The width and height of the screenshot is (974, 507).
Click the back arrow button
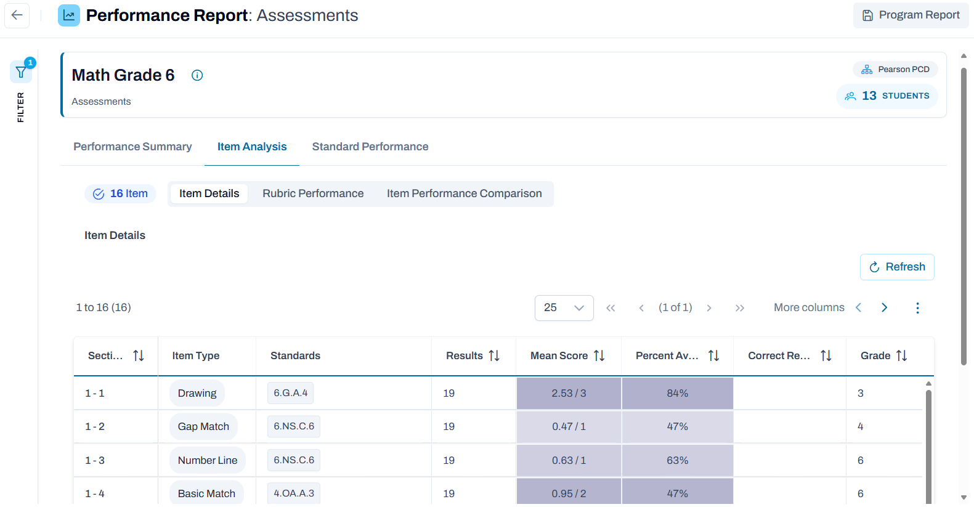[17, 15]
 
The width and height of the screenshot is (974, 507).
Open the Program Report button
[911, 15]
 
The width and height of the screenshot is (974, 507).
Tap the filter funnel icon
[21, 71]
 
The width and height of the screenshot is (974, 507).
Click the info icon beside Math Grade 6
[197, 75]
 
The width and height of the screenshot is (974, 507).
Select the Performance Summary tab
[132, 147]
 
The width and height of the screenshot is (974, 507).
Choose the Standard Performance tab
[370, 147]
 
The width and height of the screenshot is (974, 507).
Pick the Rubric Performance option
[313, 193]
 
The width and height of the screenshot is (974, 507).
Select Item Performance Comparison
[465, 193]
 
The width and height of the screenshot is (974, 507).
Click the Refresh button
[897, 267]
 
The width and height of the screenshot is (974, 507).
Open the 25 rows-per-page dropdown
[564, 308]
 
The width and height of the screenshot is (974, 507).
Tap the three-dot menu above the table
[917, 308]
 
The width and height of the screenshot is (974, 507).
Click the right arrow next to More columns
[885, 308]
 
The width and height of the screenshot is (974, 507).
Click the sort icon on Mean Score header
[599, 355]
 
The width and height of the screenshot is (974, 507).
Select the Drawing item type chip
[197, 393]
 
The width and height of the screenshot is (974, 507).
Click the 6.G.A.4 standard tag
[290, 393]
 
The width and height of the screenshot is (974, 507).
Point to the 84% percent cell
[678, 393]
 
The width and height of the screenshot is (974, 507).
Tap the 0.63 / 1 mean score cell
[569, 460]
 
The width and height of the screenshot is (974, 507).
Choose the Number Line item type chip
[208, 460]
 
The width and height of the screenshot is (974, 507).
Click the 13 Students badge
[887, 96]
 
